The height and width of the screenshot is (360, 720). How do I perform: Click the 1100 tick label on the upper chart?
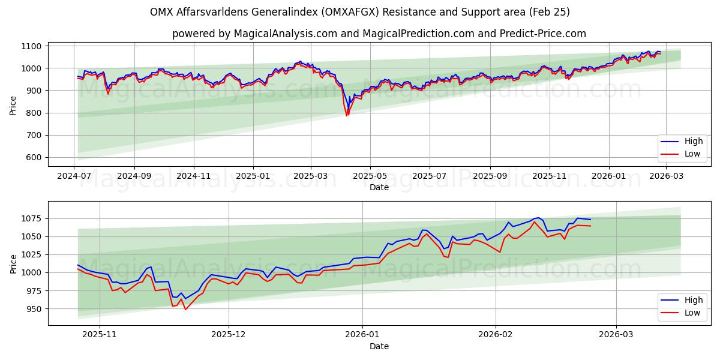pyautogui.click(x=31, y=46)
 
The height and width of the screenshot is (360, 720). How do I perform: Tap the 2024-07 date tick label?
pyautogui.click(x=74, y=176)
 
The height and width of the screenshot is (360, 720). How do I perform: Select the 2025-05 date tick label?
pyautogui.click(x=370, y=176)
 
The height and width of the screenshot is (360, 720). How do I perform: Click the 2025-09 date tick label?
pyautogui.click(x=490, y=176)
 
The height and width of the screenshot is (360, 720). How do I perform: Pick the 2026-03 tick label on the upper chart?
pyautogui.click(x=667, y=176)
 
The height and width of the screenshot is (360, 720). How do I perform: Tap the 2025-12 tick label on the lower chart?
pyautogui.click(x=229, y=335)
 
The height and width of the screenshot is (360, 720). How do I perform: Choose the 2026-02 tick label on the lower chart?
pyautogui.click(x=496, y=335)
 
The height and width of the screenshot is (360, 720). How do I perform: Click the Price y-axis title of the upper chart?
pyautogui.click(x=13, y=105)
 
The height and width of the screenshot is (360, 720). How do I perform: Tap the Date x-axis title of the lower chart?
pyautogui.click(x=379, y=346)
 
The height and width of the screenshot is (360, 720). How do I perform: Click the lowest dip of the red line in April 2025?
pyautogui.click(x=347, y=115)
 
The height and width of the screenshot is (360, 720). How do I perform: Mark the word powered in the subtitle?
pyautogui.click(x=191, y=34)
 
